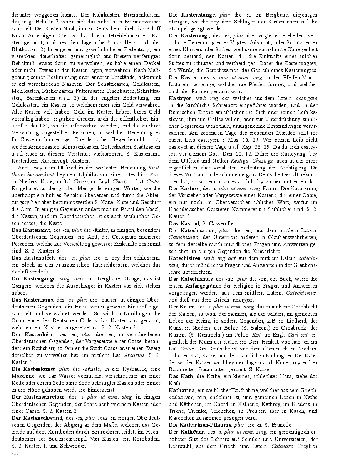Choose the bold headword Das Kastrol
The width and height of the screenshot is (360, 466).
tap(184, 223)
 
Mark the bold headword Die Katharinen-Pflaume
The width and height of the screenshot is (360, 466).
tap(201, 425)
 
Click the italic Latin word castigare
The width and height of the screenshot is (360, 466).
tap(307, 98)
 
